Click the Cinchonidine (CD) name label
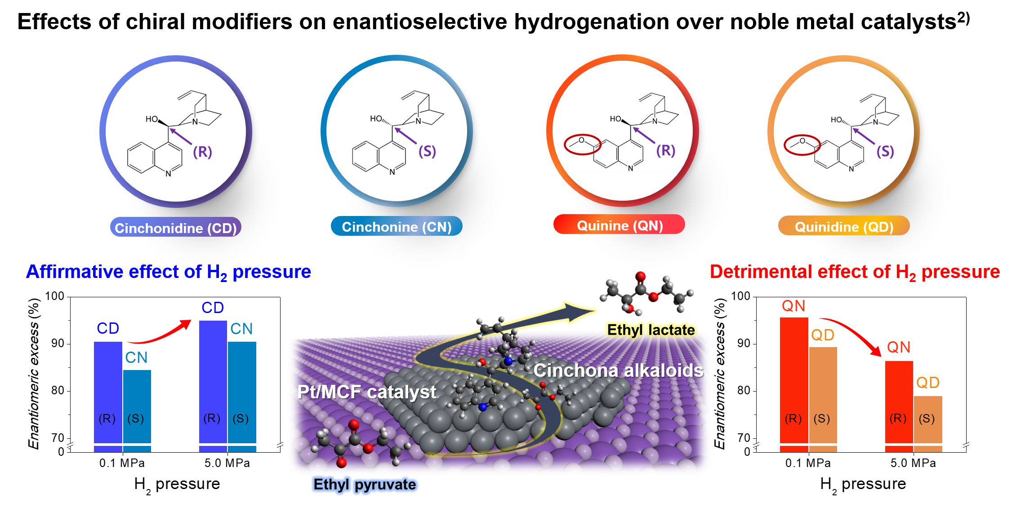coord(175,228)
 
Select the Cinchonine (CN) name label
coord(397,226)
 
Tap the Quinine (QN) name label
coord(620,225)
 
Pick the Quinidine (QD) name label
coord(844,226)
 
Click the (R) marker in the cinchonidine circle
coord(202,152)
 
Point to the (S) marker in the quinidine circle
coord(885,151)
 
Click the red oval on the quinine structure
coord(582,144)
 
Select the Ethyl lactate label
coord(651,330)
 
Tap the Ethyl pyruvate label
coord(365,485)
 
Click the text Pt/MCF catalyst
coord(366,392)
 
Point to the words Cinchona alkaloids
coord(618,370)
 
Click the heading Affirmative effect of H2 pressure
coord(169,272)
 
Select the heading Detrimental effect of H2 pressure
coord(855,272)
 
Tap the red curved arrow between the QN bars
coord(854,332)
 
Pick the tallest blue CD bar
coord(213,382)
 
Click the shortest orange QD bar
coord(928,420)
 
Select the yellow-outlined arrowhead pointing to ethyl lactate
coord(580,310)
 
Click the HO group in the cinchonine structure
coord(376,119)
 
